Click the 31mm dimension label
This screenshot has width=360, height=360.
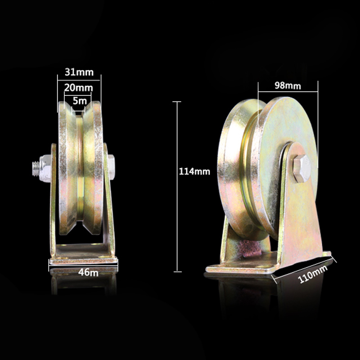[79, 72]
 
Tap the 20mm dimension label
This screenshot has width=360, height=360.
[78, 88]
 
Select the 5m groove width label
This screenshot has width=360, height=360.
[80, 101]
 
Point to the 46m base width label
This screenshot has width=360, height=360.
[88, 273]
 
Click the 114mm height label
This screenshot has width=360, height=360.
[194, 171]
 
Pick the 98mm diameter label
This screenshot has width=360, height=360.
[288, 85]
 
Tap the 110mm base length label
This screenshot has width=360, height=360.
[312, 274]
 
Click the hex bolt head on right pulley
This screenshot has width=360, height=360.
[302, 168]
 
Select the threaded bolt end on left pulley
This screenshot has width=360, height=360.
[36, 169]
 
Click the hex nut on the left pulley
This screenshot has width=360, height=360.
[45, 169]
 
